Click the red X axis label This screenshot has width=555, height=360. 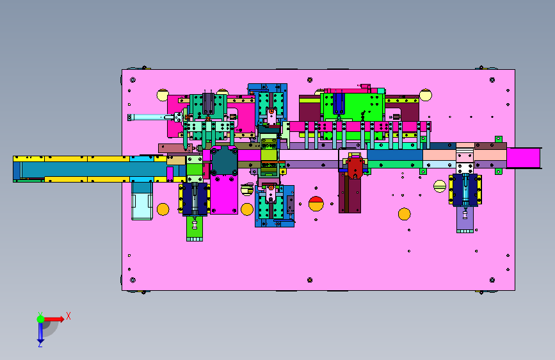(x=68, y=316)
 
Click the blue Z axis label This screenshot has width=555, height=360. (x=40, y=344)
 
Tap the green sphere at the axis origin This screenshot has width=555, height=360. (x=40, y=319)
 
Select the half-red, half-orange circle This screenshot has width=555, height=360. (x=316, y=204)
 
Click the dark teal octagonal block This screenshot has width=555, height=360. (x=225, y=161)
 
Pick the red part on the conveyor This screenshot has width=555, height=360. (x=355, y=167)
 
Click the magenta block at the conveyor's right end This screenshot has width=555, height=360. (x=523, y=158)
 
